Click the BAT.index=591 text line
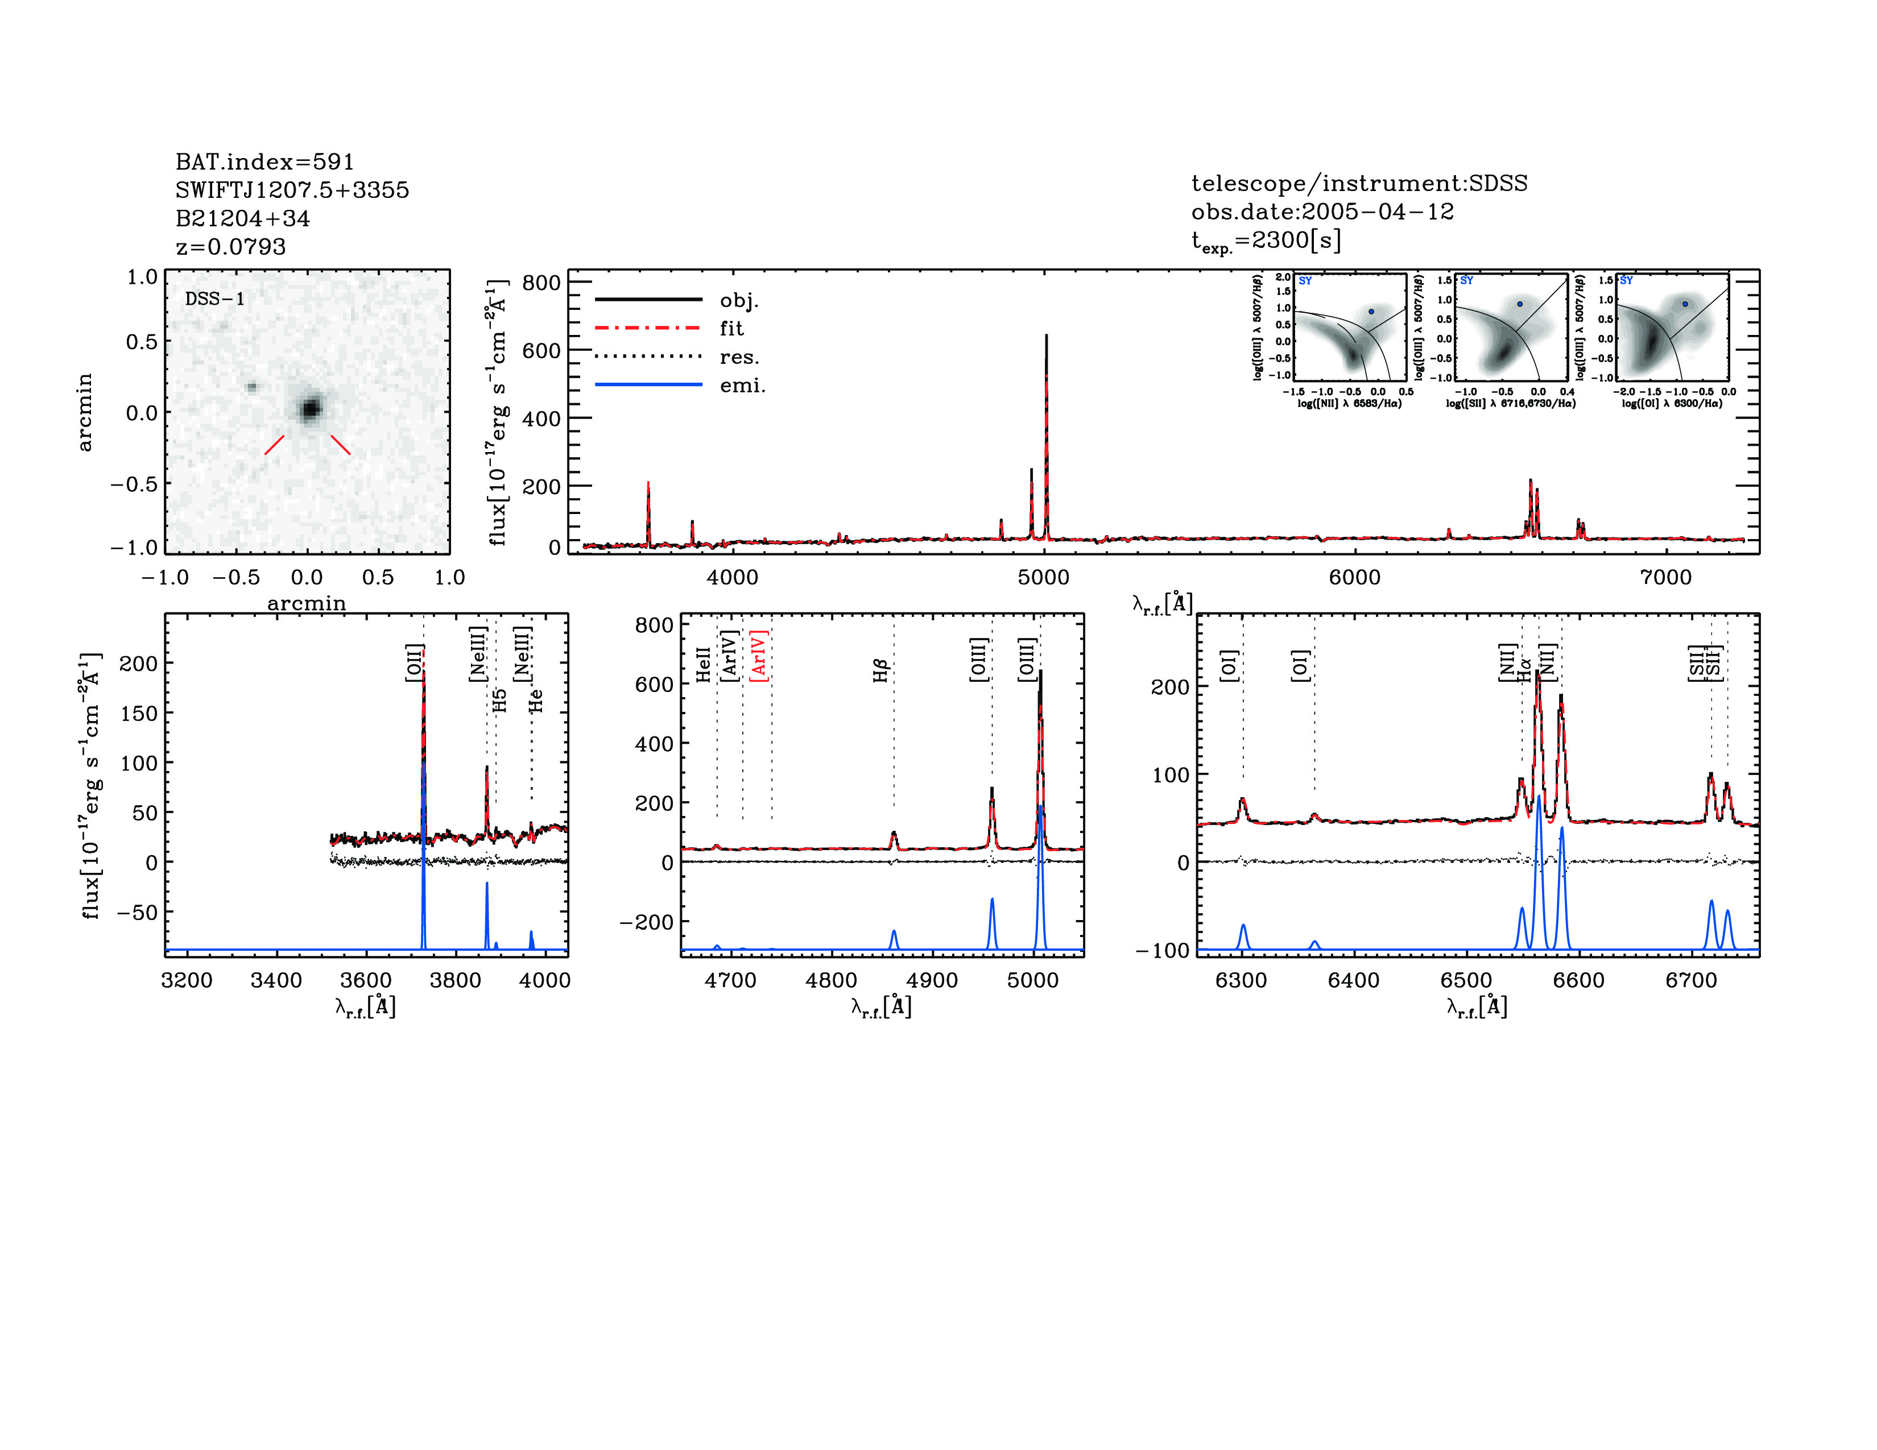[x=264, y=161]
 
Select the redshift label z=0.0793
[x=230, y=247]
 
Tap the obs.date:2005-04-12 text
[x=1322, y=212]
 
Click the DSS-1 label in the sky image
[x=215, y=299]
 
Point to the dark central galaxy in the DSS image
[x=310, y=409]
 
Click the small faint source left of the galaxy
[x=252, y=387]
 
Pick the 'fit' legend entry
[x=731, y=328]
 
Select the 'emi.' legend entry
[x=742, y=386]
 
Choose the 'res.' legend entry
[x=739, y=357]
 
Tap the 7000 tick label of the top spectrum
[x=1665, y=577]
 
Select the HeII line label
[x=703, y=665]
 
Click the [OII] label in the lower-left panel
[x=414, y=662]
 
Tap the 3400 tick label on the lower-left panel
[x=276, y=981]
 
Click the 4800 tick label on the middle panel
[x=831, y=981]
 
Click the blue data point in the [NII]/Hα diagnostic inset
[x=1371, y=311]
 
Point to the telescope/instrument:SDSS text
[x=1359, y=183]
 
